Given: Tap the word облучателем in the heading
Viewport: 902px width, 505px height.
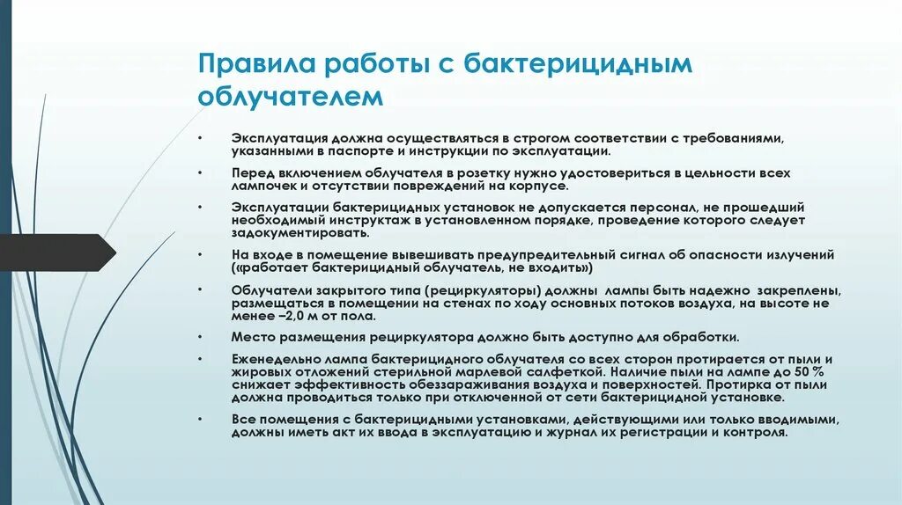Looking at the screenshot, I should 291,95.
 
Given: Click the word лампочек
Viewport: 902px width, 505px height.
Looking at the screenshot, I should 266,187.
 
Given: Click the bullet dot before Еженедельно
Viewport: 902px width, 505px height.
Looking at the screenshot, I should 201,359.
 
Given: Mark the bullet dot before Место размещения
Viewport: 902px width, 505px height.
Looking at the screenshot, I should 201,337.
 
